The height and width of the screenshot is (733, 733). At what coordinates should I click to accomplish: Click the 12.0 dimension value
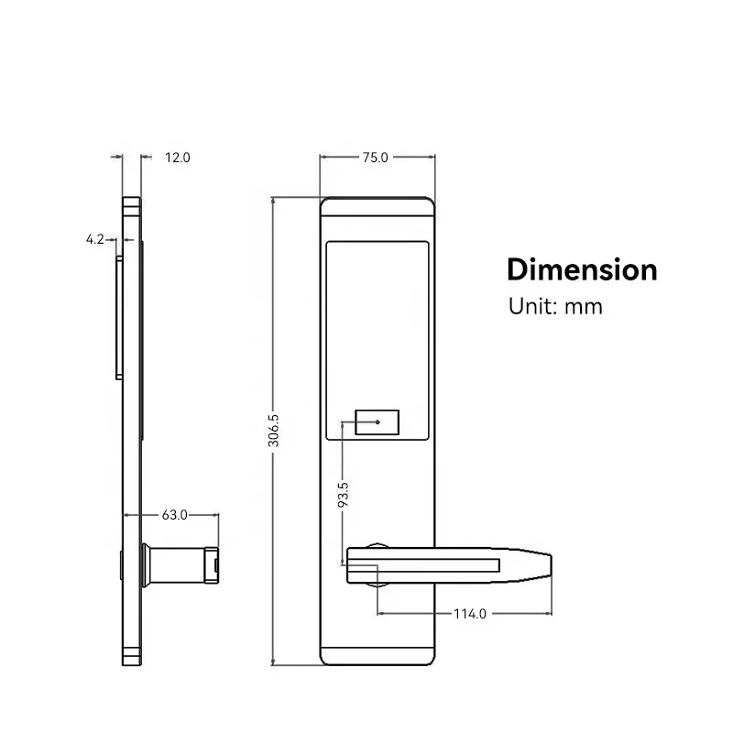pyautogui.click(x=178, y=158)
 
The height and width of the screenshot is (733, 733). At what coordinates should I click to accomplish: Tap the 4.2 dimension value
pyautogui.click(x=95, y=239)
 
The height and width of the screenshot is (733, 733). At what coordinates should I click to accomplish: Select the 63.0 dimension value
pyautogui.click(x=174, y=515)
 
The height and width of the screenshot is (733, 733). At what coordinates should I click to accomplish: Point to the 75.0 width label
pyautogui.click(x=376, y=158)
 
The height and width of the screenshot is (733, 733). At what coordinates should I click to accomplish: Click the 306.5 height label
pyautogui.click(x=273, y=430)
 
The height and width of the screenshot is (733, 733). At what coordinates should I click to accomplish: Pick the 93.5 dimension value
pyautogui.click(x=343, y=495)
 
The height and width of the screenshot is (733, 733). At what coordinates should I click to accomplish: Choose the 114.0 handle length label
pyautogui.click(x=470, y=614)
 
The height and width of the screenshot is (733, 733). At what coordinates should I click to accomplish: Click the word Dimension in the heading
pyautogui.click(x=582, y=269)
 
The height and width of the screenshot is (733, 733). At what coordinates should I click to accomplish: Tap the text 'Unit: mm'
pyautogui.click(x=555, y=307)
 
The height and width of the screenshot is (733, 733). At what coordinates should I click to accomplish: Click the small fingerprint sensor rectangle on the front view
pyautogui.click(x=377, y=422)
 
